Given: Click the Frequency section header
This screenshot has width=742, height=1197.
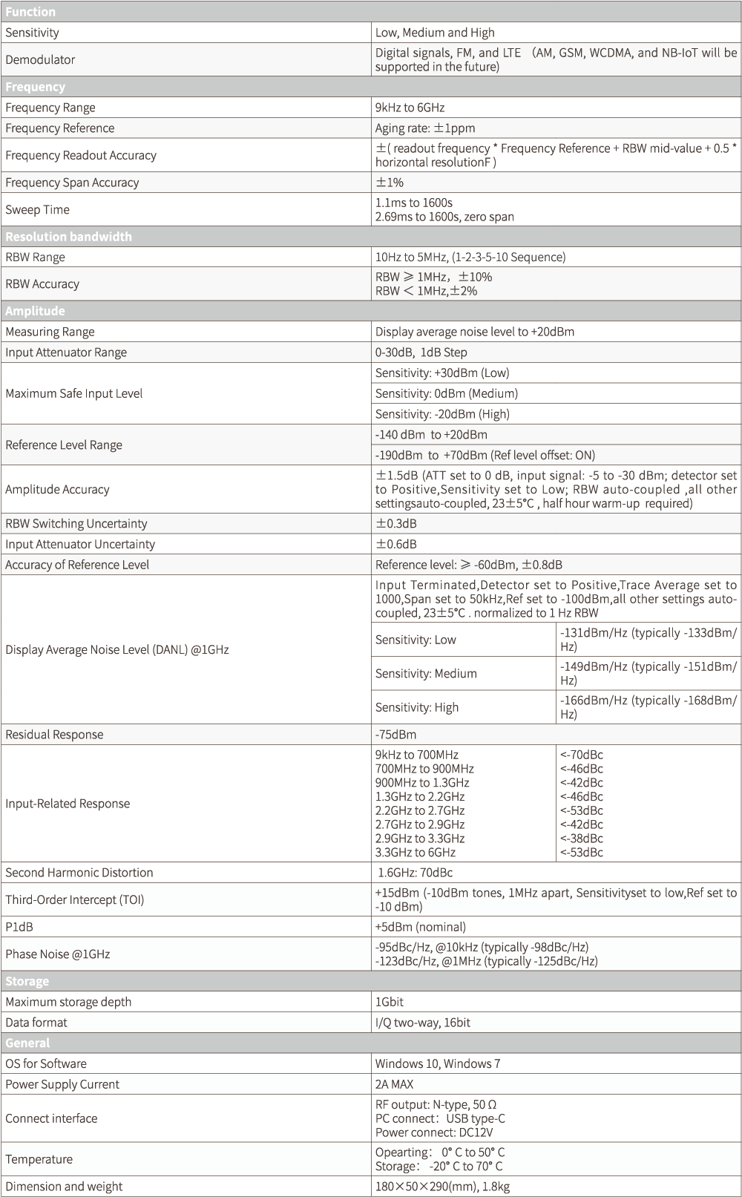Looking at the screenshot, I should click(x=36, y=87).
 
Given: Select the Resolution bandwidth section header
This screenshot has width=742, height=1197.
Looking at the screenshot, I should click(x=68, y=237).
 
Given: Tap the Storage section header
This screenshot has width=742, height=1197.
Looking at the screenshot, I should click(x=27, y=981).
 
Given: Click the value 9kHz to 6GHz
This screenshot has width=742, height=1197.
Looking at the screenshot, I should click(x=410, y=108).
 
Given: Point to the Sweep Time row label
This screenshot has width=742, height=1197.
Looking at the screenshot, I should click(x=38, y=210).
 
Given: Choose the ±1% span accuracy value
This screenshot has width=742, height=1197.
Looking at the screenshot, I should click(x=390, y=183).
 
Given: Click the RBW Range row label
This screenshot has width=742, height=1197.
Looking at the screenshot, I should click(x=36, y=258).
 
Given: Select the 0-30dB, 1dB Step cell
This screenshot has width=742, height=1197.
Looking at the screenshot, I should click(x=421, y=352).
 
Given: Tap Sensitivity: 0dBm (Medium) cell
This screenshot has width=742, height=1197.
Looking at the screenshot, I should click(x=446, y=393).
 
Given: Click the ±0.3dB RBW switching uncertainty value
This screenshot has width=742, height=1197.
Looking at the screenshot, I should click(x=396, y=523).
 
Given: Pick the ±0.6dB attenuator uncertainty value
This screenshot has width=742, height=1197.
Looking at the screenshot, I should click(x=396, y=544).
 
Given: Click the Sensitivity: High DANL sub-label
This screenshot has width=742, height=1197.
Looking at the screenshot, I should click(x=417, y=707).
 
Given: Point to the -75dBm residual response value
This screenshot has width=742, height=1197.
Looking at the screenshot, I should click(x=395, y=735).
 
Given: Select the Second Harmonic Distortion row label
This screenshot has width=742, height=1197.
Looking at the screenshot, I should click(x=79, y=873).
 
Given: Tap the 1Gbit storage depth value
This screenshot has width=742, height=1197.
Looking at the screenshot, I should click(x=390, y=1002).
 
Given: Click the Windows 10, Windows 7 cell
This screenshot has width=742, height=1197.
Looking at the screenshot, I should click(x=438, y=1063).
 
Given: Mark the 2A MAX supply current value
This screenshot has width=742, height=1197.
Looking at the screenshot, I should click(x=394, y=1084).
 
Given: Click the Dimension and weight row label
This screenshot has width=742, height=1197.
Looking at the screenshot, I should click(x=64, y=1187).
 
